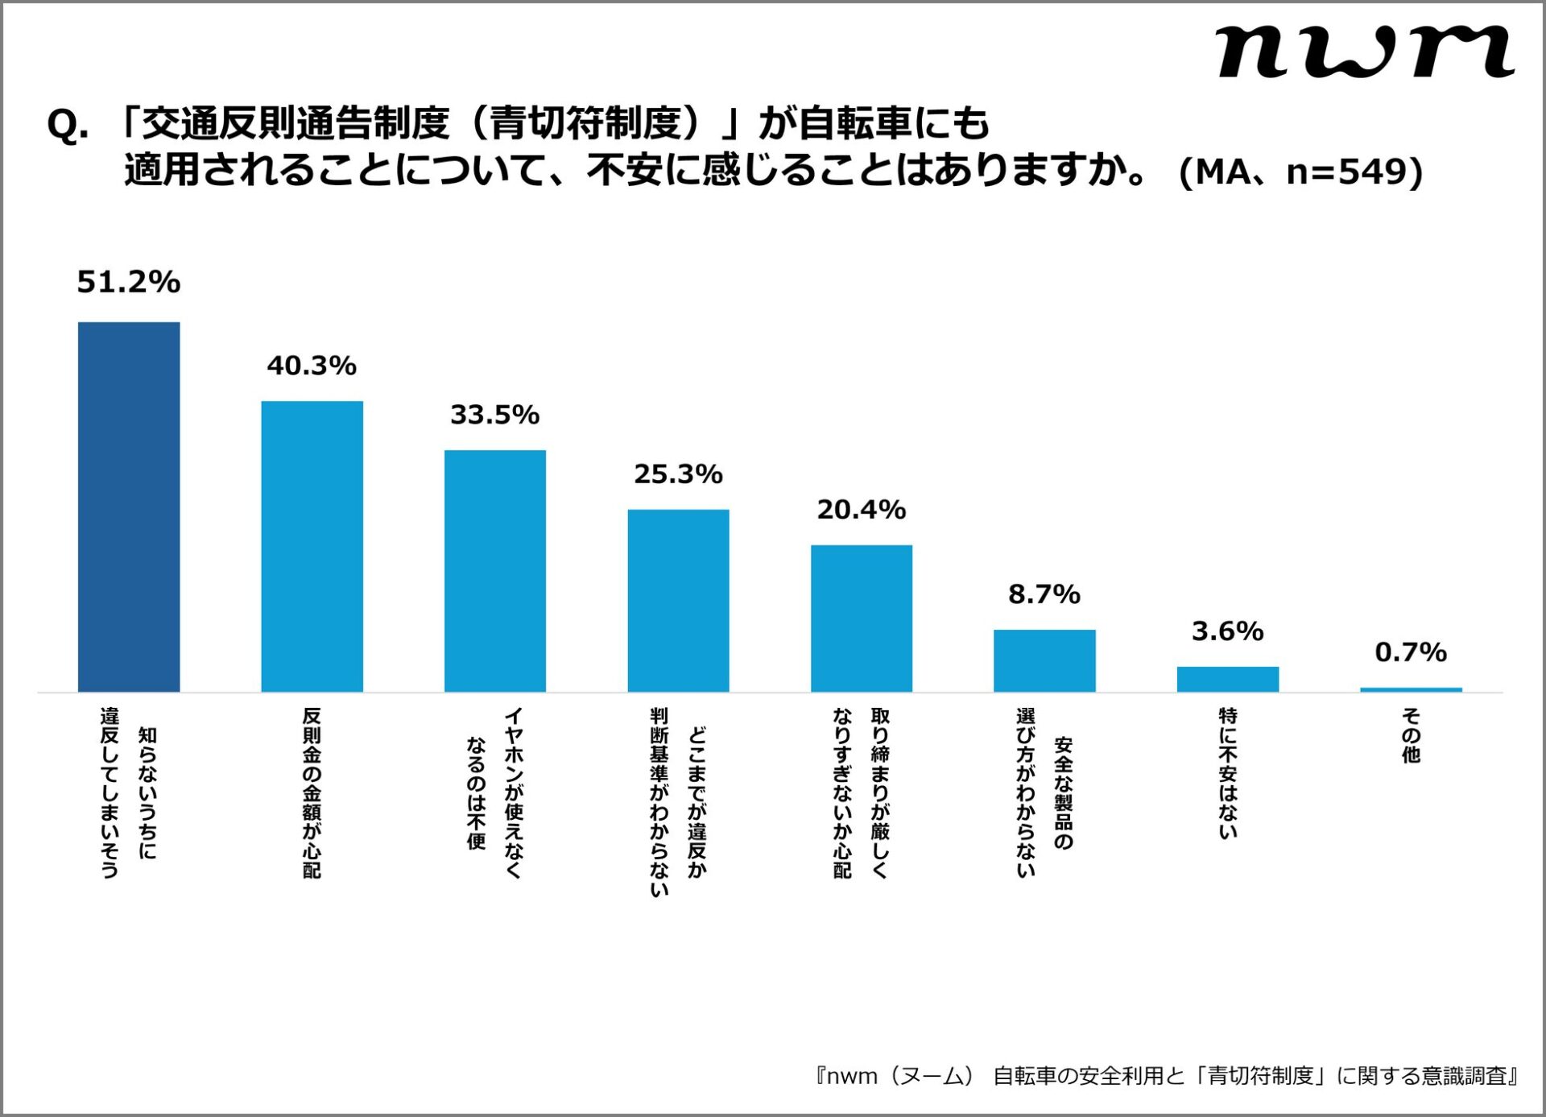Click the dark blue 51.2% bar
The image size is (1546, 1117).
129,507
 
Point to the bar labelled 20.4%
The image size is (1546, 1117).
861,618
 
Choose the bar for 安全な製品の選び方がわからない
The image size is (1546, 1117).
1044,660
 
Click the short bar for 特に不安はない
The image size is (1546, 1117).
1227,679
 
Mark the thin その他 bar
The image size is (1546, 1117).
1411,689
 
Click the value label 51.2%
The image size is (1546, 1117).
129,282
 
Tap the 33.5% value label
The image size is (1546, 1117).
494,415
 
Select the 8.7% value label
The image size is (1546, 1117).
1044,594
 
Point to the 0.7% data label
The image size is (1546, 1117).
1411,652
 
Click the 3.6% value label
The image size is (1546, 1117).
1227,631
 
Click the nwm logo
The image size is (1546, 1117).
1365,52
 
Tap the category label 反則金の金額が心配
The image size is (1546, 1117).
312,792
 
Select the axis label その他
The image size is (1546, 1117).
1411,734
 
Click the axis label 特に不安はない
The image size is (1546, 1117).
1227,773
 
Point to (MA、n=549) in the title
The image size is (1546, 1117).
1300,172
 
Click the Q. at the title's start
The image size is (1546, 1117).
68,126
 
